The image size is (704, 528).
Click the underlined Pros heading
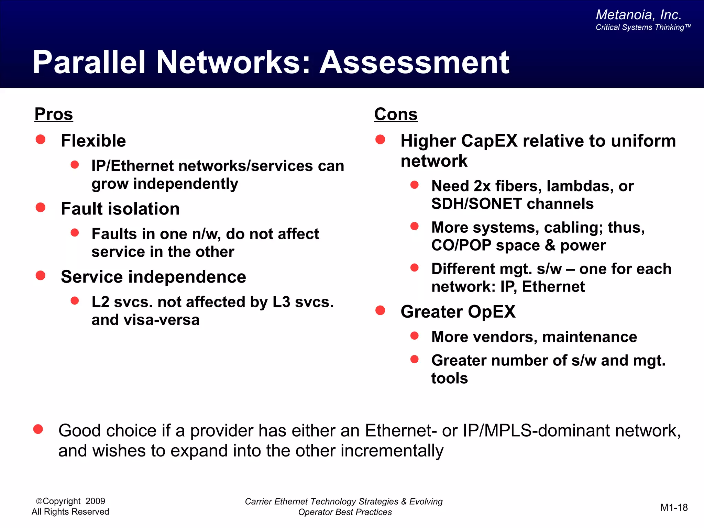pyautogui.click(x=54, y=114)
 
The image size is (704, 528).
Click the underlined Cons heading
pyautogui.click(x=396, y=114)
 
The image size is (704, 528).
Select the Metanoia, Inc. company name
pyautogui.click(x=638, y=15)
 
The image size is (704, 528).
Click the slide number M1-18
pyautogui.click(x=674, y=507)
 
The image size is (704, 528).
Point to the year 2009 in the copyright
pyautogui.click(x=95, y=501)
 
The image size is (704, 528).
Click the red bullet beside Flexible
pyautogui.click(x=41, y=139)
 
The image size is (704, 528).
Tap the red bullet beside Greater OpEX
pyautogui.click(x=380, y=310)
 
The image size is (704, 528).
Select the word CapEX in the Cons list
pyautogui.click(x=489, y=141)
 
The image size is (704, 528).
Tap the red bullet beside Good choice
pyautogui.click(x=38, y=429)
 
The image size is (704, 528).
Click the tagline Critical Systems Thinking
pyautogui.click(x=640, y=27)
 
